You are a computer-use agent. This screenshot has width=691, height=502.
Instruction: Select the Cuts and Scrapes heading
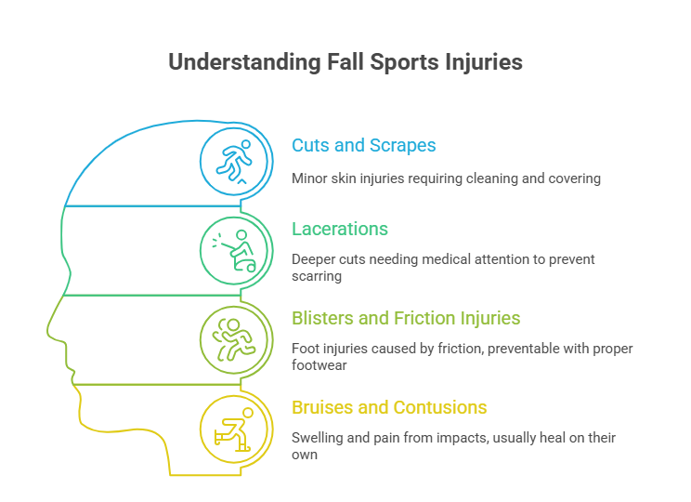click(x=363, y=146)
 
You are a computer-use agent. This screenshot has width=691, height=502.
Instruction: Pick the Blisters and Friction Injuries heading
click(x=406, y=318)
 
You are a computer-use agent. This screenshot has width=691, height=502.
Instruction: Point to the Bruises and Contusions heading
click(x=389, y=408)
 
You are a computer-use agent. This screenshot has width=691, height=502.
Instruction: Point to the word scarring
click(x=318, y=276)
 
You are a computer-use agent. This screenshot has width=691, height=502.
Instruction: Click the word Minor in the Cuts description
click(x=307, y=178)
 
